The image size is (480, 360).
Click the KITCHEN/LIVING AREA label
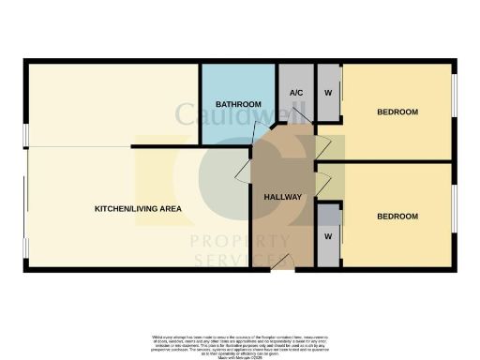[x=138, y=208]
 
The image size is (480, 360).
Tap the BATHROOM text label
[x=237, y=103]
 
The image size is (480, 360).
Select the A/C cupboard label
[x=296, y=93]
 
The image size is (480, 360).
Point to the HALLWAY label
[x=282, y=197]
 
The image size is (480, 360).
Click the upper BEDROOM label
[x=397, y=112]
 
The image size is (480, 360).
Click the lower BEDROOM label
[x=397, y=217]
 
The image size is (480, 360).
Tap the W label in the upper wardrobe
[x=328, y=93]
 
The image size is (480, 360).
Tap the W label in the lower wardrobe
[x=328, y=236]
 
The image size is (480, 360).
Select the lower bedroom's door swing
[x=323, y=184]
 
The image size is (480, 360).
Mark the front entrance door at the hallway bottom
[x=281, y=268]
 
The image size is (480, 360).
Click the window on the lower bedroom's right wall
[x=456, y=216]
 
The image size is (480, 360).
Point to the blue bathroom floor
[x=225, y=127]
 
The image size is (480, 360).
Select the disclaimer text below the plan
[x=239, y=342]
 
